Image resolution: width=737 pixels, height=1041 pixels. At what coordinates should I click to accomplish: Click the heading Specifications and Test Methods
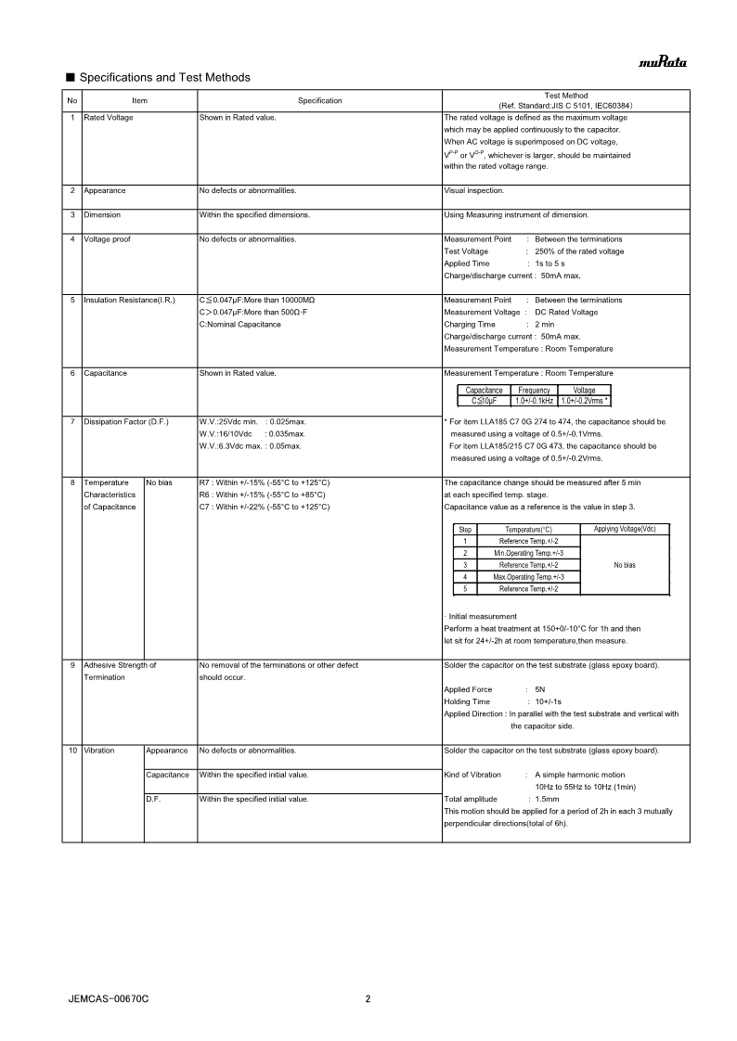(164, 77)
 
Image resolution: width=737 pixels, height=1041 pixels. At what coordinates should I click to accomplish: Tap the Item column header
(139, 100)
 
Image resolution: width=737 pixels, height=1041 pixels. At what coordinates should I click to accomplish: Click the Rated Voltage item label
(109, 118)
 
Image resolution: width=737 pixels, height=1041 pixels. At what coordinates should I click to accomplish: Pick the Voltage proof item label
(107, 239)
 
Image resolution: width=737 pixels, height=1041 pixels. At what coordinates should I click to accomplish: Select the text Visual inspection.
(474, 190)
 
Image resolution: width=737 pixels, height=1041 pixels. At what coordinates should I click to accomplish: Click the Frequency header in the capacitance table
(534, 391)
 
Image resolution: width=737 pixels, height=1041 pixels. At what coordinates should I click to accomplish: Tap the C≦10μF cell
(485, 401)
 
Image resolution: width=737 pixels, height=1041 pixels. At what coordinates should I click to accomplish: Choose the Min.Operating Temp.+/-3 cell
(528, 553)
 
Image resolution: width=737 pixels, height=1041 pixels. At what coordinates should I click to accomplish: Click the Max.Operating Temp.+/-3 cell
(528, 577)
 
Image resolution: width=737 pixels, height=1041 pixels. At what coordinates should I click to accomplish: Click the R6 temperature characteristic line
(262, 495)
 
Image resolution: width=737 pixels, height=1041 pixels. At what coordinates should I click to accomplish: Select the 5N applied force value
(540, 690)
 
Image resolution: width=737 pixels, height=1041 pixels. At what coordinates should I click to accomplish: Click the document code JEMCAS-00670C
(109, 999)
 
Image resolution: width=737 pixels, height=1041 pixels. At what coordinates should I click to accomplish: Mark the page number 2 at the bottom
(368, 999)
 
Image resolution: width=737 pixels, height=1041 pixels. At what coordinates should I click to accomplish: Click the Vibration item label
(99, 751)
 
